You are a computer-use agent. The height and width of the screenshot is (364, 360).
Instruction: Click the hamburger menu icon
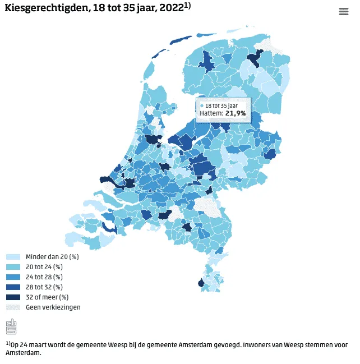tap(343, 12)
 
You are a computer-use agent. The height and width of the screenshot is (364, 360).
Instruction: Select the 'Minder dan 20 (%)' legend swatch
tap(13, 257)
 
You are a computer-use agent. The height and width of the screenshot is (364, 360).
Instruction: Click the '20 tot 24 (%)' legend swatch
tap(13, 267)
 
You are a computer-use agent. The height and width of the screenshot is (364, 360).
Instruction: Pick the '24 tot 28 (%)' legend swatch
tap(13, 277)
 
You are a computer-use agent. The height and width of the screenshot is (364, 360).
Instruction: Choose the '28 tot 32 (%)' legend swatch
tap(13, 287)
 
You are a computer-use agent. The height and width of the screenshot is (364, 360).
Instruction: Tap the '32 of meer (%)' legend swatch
tap(13, 297)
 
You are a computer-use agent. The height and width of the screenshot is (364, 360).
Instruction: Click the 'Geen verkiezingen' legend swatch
tap(13, 307)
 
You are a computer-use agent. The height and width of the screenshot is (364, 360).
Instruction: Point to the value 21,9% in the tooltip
tap(236, 113)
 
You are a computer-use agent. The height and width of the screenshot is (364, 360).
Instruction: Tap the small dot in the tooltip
tap(202, 105)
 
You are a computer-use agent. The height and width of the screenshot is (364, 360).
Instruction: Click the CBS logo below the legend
tap(11, 326)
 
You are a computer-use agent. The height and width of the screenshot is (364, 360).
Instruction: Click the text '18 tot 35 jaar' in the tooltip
tap(222, 105)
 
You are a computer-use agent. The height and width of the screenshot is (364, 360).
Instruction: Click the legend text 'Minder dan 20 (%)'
tap(52, 257)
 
